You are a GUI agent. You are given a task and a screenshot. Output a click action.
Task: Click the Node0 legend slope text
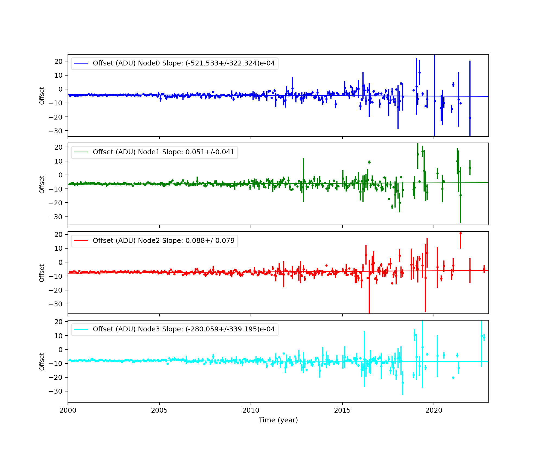184,63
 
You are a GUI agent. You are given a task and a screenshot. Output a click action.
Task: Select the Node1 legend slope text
163,152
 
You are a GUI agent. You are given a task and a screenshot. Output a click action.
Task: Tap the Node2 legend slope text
163,240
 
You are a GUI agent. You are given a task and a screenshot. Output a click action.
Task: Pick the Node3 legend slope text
184,329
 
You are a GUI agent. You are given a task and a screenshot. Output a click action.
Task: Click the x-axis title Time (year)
278,420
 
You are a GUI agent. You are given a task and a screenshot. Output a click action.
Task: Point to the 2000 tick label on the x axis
68,410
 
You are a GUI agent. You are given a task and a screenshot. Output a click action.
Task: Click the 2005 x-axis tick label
159,410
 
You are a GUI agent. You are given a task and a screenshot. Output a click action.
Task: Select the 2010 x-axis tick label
251,410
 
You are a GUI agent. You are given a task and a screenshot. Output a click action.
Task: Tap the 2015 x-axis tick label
342,410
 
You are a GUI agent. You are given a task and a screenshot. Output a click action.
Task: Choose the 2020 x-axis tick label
434,410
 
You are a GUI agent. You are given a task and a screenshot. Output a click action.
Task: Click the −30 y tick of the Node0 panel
56,131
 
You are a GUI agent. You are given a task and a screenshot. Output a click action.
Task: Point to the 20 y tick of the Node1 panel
58,147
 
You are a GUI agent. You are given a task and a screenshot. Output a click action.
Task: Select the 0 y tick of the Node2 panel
61,262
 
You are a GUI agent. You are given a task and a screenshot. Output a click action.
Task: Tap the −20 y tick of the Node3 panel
56,377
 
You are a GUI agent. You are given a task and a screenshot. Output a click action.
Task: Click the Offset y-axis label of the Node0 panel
42,96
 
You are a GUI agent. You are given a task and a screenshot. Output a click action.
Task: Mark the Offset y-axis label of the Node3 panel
42,362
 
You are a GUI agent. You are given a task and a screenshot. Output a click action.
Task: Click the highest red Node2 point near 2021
460,233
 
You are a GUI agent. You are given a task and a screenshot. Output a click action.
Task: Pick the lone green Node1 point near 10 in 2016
369,162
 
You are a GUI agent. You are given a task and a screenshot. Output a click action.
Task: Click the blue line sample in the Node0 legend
81,63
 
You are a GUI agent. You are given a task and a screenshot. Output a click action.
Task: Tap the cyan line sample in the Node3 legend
81,329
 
